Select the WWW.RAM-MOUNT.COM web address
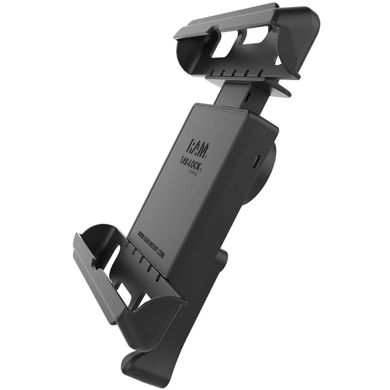[x=152, y=245]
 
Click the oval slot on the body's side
[x=256, y=161]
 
